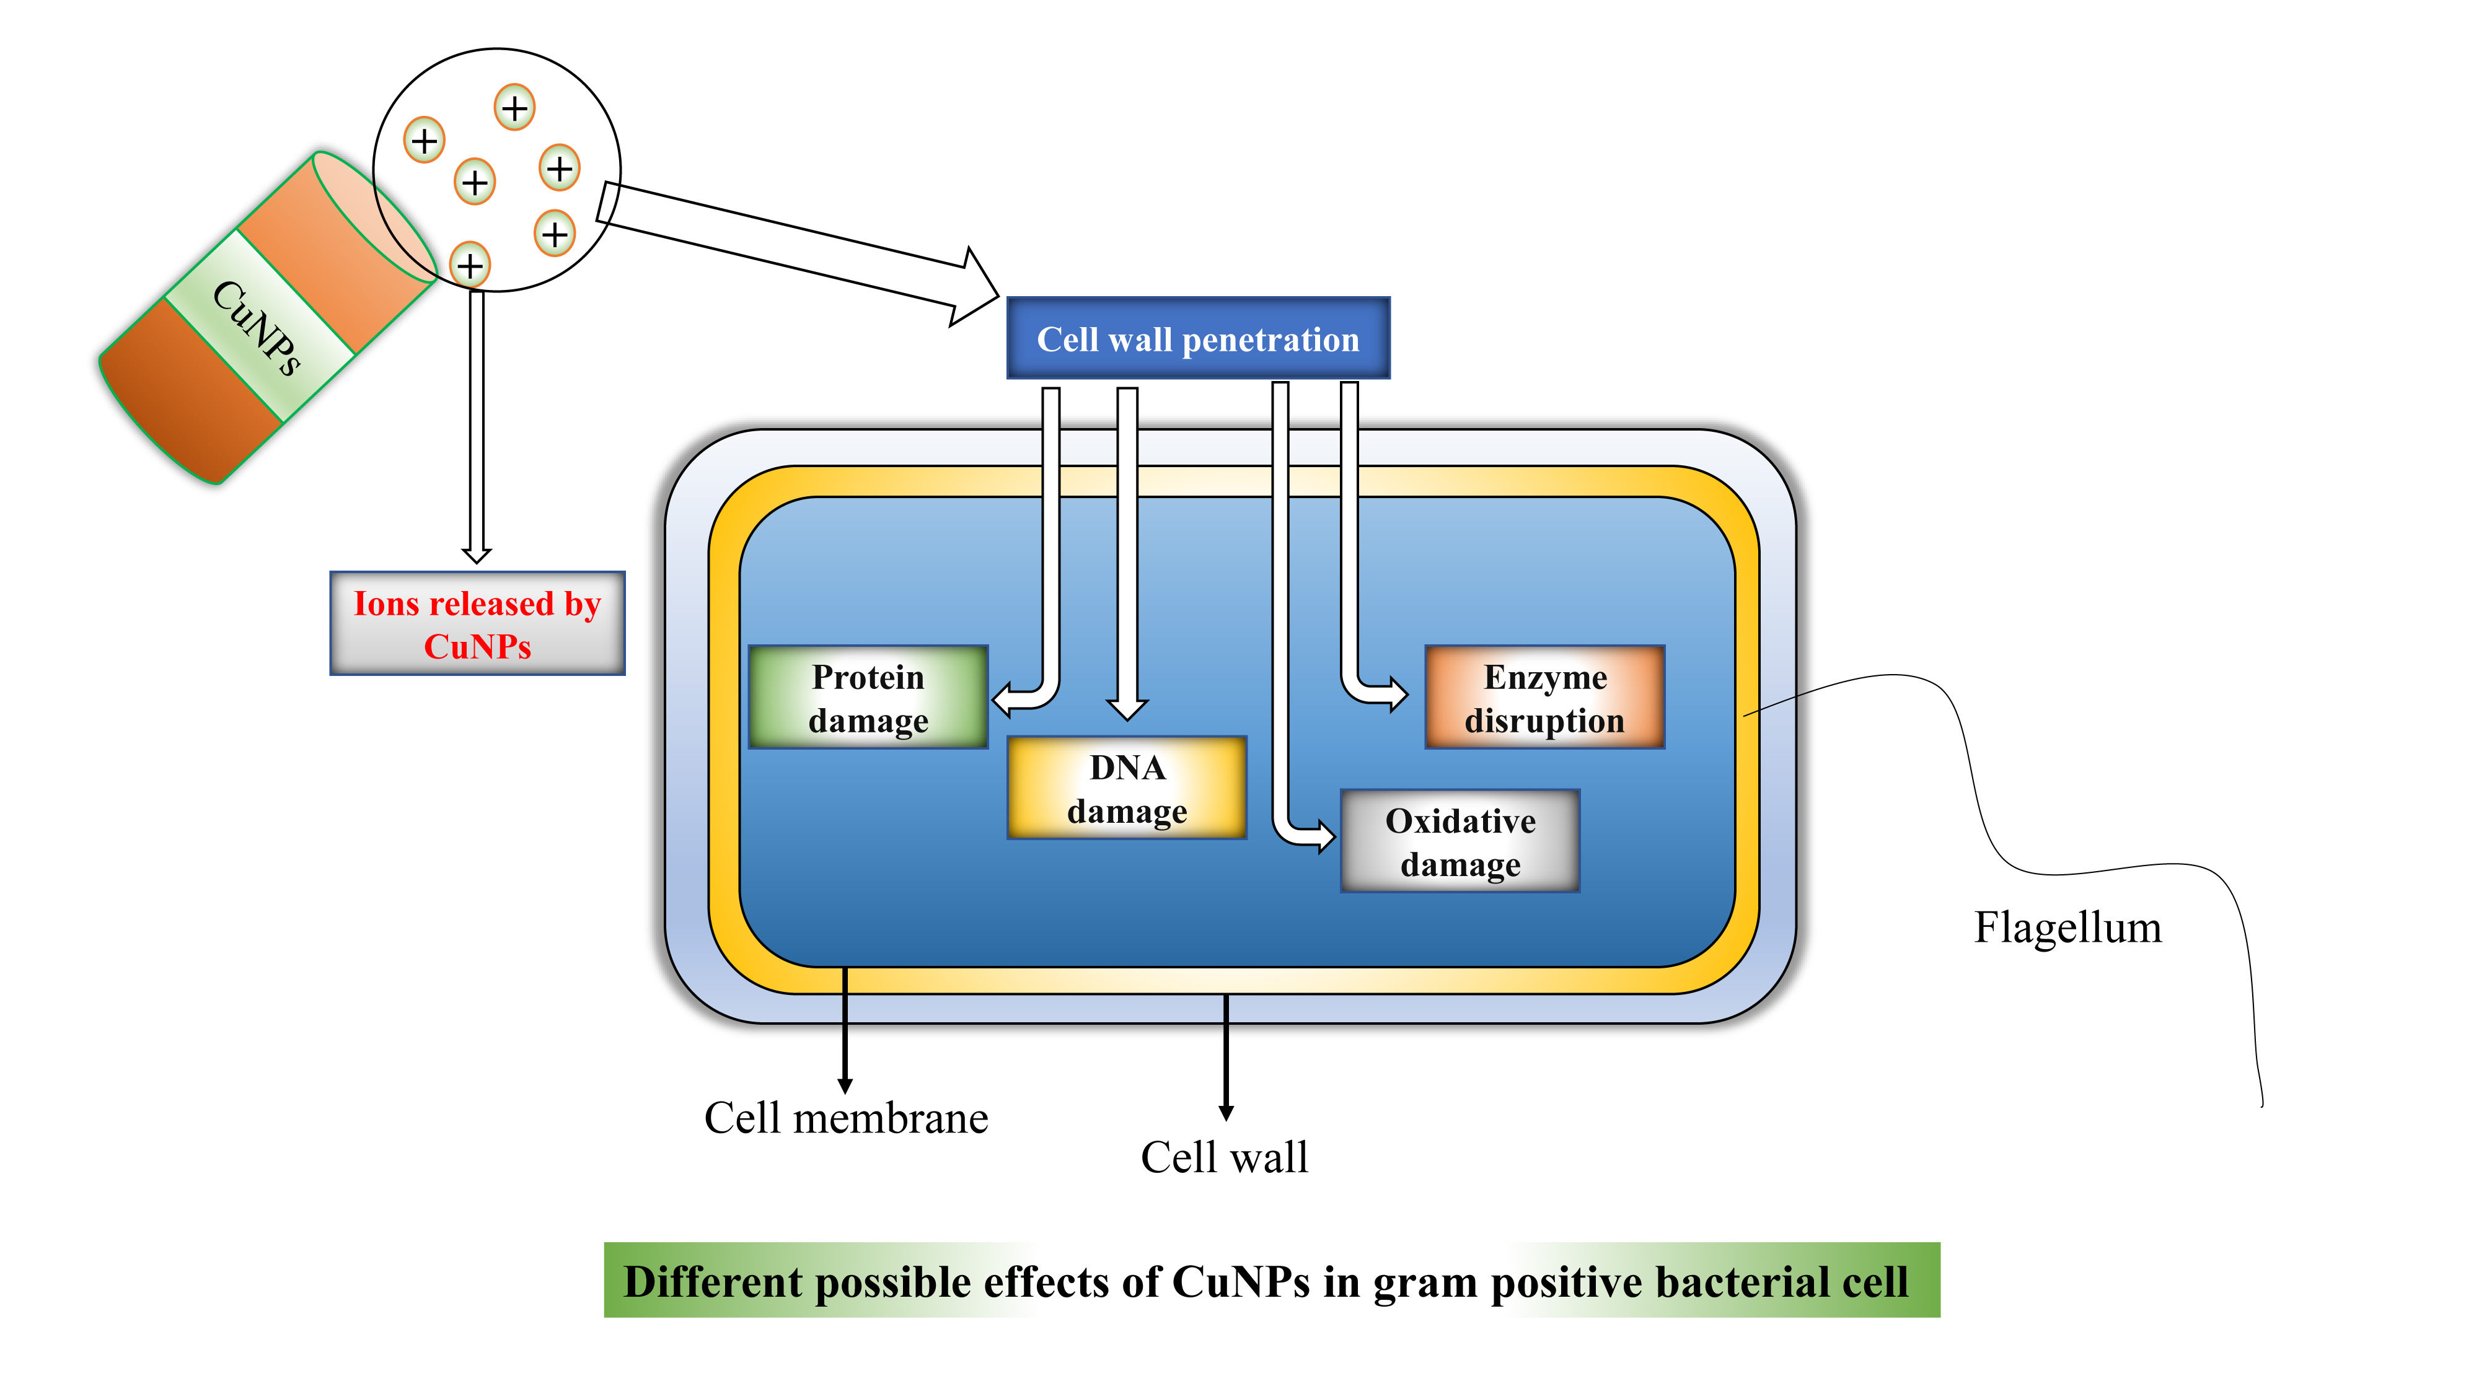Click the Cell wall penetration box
[x=1197, y=339]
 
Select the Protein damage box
[x=868, y=698]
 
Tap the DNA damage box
[x=1127, y=788]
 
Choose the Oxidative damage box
[x=1460, y=841]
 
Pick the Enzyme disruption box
[x=1544, y=698]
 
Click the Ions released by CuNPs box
[x=477, y=623]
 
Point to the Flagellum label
[x=2067, y=927]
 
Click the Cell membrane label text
[x=846, y=1118]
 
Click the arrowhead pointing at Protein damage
[x=1004, y=699]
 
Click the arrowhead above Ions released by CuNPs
[x=477, y=555]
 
